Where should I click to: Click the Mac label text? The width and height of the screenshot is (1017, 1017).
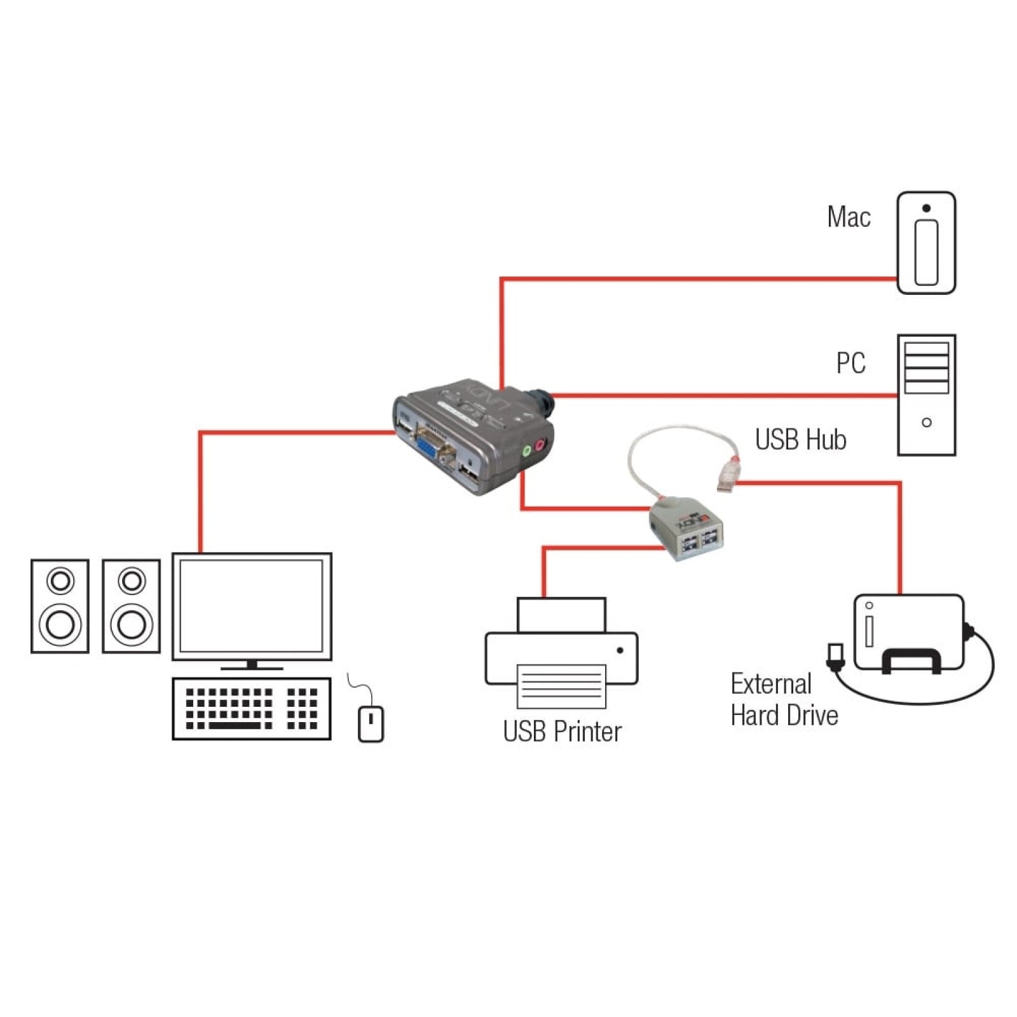848,217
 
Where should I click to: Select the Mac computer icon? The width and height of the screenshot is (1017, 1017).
925,243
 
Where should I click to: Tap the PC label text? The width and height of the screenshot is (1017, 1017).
850,363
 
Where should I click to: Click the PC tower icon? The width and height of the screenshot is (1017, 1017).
925,395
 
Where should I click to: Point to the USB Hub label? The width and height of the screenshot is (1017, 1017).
800,439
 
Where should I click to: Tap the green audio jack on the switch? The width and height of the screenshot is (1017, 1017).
526,451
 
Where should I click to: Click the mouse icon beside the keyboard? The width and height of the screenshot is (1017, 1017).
371,723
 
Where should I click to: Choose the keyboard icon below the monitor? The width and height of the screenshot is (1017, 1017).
252,708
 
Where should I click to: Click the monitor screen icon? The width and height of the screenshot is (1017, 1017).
252,606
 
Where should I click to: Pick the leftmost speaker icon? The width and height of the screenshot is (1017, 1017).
60,606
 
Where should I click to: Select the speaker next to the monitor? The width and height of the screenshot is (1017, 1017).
131,606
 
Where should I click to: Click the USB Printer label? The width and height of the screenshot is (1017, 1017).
562,731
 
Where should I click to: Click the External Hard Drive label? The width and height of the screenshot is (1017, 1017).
783,699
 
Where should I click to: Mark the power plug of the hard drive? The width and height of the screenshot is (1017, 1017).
835,655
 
